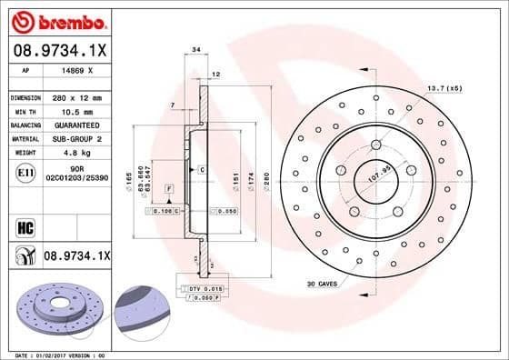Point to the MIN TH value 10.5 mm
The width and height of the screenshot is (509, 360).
pyautogui.click(x=70, y=110)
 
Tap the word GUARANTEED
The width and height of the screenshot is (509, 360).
pyautogui.click(x=75, y=125)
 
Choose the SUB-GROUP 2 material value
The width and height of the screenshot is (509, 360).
pyautogui.click(x=75, y=138)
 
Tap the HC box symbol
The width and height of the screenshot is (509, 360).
pyautogui.click(x=24, y=225)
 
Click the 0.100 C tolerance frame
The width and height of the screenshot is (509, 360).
pyautogui.click(x=163, y=211)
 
